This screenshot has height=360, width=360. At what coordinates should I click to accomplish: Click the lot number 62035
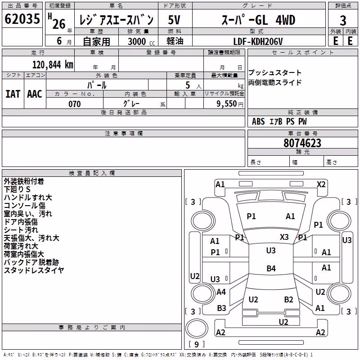click(x=22, y=19)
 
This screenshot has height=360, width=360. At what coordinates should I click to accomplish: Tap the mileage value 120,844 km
click(x=53, y=65)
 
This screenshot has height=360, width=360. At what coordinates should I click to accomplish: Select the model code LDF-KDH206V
click(x=258, y=41)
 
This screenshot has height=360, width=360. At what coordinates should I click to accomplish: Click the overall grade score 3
click(x=343, y=20)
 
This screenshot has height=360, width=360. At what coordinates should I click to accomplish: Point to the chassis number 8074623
click(x=302, y=143)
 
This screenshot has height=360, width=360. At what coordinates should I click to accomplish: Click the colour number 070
click(x=75, y=104)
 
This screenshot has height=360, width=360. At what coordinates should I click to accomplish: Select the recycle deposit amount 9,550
click(x=227, y=104)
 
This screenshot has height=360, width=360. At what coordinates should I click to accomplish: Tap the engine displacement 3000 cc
click(x=141, y=41)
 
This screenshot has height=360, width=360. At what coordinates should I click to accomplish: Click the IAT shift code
click(x=13, y=94)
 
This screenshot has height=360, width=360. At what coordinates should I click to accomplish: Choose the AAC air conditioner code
click(x=35, y=94)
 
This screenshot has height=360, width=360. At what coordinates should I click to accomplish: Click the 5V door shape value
click(x=174, y=20)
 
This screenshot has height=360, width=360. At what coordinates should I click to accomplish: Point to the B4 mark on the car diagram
click(x=271, y=268)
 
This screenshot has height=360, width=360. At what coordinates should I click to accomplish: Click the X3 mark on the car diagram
click(x=284, y=237)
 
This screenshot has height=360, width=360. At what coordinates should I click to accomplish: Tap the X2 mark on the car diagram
click(x=321, y=184)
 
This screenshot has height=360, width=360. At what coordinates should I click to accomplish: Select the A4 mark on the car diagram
click(x=221, y=292)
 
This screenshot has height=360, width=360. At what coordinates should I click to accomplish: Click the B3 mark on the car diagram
click(x=221, y=308)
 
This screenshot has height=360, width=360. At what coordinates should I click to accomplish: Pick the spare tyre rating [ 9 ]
click(x=197, y=344)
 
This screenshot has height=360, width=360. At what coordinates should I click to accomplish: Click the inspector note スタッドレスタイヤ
click(x=34, y=270)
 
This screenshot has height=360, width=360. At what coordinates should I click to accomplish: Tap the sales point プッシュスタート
click(x=275, y=72)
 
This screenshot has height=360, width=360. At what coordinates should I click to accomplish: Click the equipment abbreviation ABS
click(x=258, y=121)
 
